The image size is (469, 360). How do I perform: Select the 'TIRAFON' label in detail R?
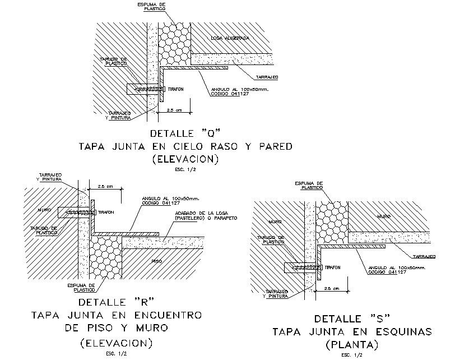[106, 213]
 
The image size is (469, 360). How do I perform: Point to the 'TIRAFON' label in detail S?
[333, 268]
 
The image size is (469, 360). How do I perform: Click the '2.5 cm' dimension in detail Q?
[175, 110]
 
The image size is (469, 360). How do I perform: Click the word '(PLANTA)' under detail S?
[352, 343]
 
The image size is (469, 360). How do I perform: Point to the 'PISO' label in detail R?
[158, 261]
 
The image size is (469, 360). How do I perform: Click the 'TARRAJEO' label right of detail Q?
[267, 76]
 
